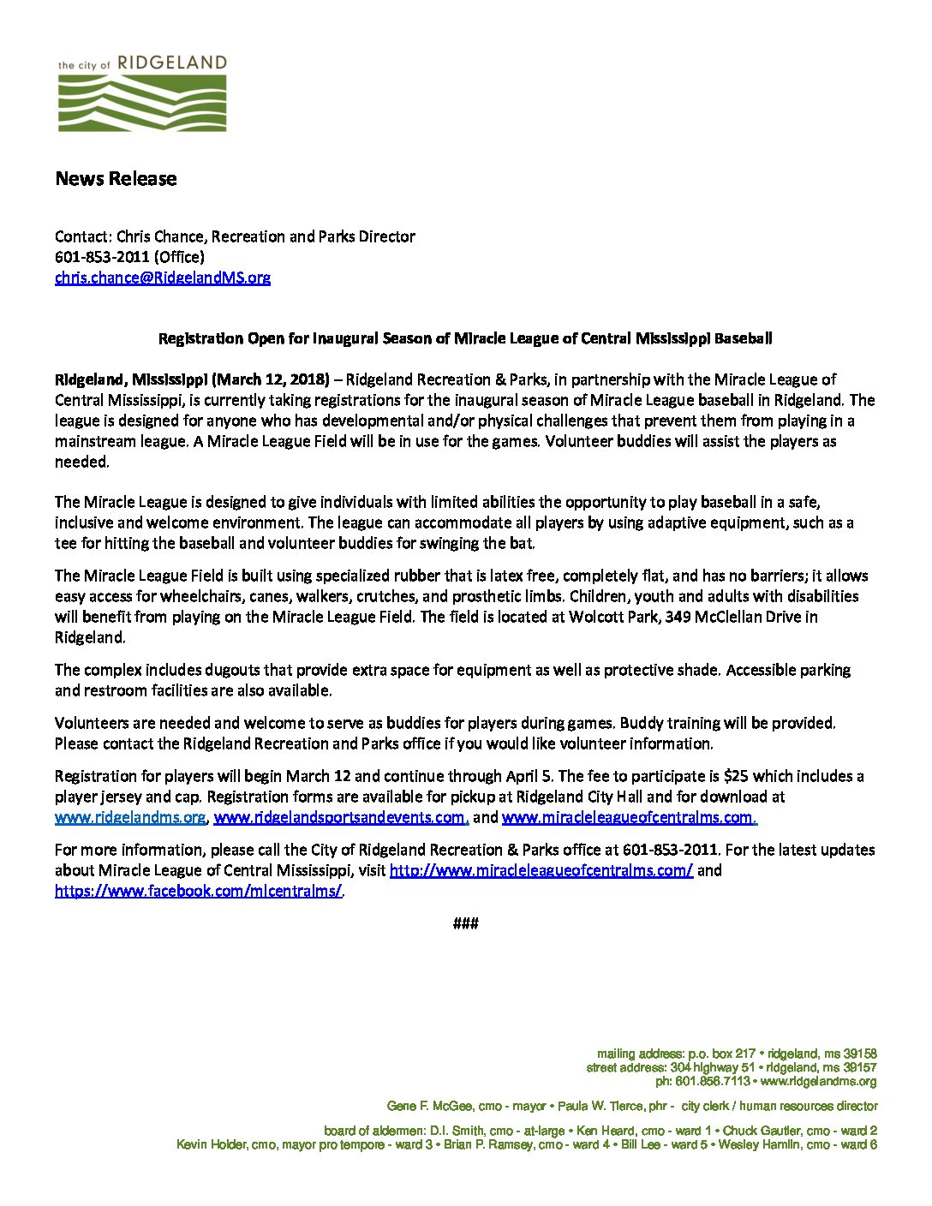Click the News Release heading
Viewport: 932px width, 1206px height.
click(x=116, y=179)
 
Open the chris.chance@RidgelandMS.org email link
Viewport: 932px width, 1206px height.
click(x=163, y=278)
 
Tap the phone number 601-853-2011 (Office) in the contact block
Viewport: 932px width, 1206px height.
click(x=129, y=257)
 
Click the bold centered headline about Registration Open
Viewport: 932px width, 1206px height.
click(x=465, y=338)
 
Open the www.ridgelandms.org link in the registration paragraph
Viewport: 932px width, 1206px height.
click(x=130, y=818)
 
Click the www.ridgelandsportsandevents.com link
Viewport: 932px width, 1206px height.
click(x=340, y=818)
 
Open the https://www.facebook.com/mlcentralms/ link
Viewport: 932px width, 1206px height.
click(x=198, y=891)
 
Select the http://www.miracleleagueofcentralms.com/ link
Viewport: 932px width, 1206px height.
click(x=541, y=871)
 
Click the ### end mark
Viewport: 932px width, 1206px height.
click(x=465, y=923)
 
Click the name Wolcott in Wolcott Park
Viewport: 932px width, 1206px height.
click(x=596, y=617)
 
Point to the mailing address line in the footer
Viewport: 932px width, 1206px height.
click(x=737, y=1054)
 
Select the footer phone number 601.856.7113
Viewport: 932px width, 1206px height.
click(x=713, y=1081)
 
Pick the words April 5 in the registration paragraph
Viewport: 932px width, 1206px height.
click(x=527, y=776)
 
